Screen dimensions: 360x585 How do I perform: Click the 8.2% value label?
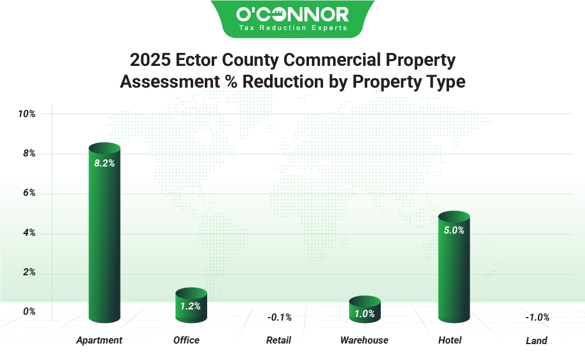coord(104,164)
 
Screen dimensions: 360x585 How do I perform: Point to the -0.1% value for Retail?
coord(279,318)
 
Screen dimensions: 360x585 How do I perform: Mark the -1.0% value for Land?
coord(537,318)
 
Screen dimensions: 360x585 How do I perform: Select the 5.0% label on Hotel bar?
coord(454,231)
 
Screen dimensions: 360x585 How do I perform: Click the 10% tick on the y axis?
coord(26,114)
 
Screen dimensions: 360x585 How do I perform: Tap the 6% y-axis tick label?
coord(29,193)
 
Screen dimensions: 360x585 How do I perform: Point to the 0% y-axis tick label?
coord(29,312)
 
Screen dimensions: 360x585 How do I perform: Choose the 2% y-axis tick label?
coord(29,273)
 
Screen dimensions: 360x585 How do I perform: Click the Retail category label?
coord(278,340)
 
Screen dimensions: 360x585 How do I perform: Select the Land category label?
coord(536,341)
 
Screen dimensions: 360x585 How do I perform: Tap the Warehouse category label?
coord(364,340)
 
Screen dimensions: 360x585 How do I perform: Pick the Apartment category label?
coord(99,340)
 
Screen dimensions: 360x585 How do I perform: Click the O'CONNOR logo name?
coord(292,14)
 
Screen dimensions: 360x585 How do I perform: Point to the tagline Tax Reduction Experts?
coord(292,27)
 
